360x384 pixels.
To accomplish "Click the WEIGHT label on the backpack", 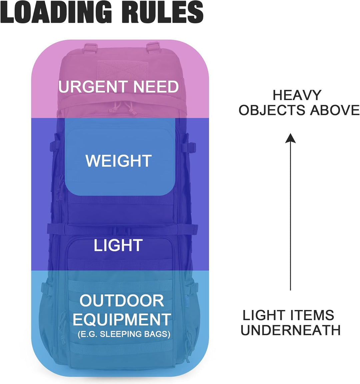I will [x=119, y=161].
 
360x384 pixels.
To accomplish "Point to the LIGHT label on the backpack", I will [x=118, y=246].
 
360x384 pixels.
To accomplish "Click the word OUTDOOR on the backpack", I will [x=122, y=301].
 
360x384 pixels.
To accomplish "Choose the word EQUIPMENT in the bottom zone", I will [x=122, y=320].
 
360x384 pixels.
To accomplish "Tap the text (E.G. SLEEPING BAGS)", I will [x=124, y=334].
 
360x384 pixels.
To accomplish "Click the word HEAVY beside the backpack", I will [x=297, y=95].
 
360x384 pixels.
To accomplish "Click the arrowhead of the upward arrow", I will [x=290, y=138].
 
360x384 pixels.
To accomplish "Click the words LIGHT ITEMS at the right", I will [x=288, y=315].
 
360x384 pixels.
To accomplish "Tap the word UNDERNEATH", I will [x=290, y=330].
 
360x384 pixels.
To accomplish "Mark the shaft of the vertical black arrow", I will [x=290, y=217].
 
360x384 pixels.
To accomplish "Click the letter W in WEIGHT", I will [x=93, y=161].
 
